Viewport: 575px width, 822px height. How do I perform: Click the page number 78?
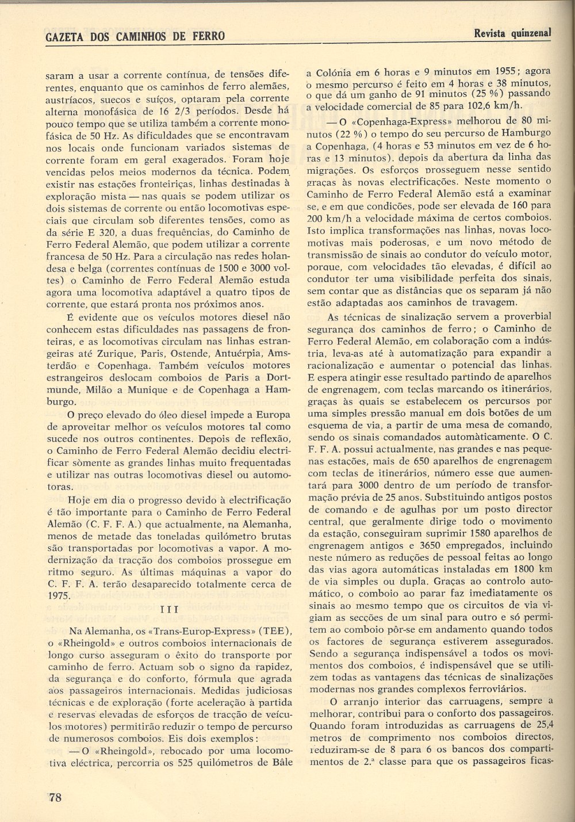coord(56,797)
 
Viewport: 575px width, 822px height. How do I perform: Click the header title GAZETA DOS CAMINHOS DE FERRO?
coord(135,36)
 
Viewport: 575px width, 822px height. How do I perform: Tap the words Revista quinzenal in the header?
coord(512,33)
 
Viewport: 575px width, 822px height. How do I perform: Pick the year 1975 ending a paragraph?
coord(59,596)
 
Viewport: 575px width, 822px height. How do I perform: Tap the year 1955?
coord(508,72)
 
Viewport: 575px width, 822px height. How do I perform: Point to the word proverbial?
coord(524,316)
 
